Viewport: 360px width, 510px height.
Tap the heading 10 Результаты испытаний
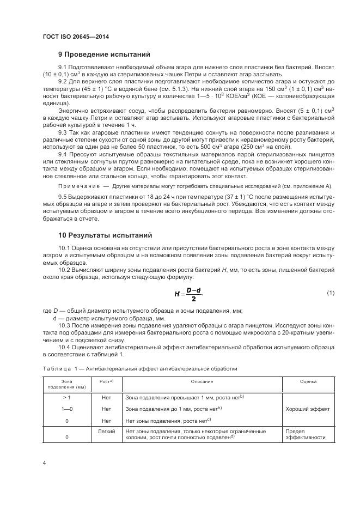click(x=106, y=235)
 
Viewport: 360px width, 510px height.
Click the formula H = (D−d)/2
click(x=188, y=294)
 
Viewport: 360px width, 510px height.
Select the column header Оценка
click(x=308, y=382)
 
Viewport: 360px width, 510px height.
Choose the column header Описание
click(x=202, y=382)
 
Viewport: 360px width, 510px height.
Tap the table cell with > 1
click(x=67, y=398)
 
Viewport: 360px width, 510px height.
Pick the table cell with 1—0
click(x=67, y=409)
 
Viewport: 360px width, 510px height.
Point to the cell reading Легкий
click(x=106, y=431)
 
